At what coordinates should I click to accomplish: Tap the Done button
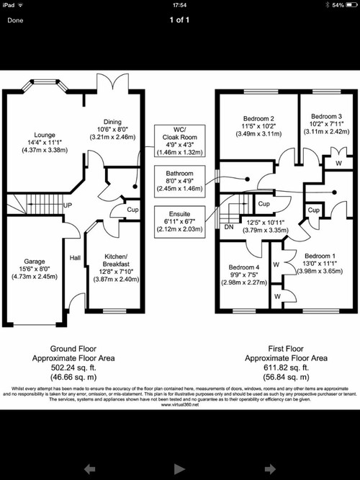pos(15,20)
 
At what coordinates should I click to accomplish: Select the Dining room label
pos(112,122)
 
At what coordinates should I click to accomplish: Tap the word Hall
pos(75,257)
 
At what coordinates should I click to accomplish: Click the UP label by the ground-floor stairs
pos(68,205)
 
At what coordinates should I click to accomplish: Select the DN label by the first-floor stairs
pos(228,226)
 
